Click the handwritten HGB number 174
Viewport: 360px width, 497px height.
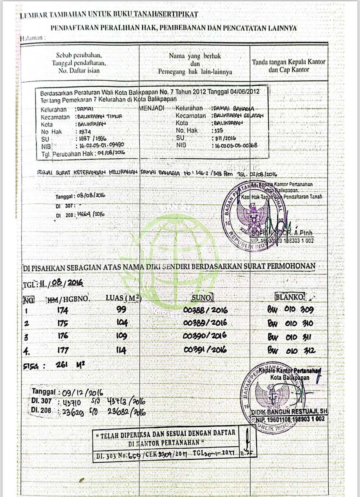click(x=63, y=310)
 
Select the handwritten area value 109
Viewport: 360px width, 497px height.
click(x=122, y=336)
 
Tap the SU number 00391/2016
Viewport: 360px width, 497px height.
click(x=205, y=350)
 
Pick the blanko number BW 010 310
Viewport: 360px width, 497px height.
click(x=290, y=323)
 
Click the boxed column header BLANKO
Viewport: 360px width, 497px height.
click(x=290, y=297)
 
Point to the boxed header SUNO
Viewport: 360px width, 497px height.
click(x=202, y=298)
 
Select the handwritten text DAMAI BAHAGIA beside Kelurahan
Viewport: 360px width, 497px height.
click(x=234, y=108)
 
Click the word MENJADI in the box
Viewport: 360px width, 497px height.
click(x=151, y=108)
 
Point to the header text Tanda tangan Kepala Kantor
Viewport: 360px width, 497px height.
click(x=289, y=62)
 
